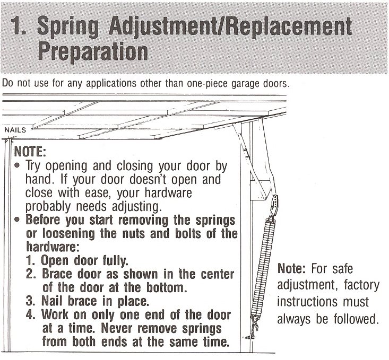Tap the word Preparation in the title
(93, 51)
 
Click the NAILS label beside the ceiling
(15, 130)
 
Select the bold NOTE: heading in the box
(30, 152)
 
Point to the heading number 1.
(18, 27)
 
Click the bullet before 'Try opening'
(17, 165)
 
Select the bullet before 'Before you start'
(17, 219)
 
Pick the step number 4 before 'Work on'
(30, 314)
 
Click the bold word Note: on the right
(291, 268)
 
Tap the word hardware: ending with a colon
(53, 247)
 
